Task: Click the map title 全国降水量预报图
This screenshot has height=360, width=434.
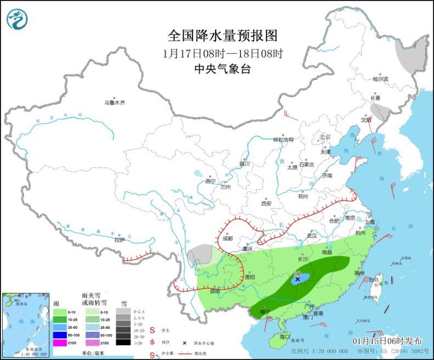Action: pos(222,36)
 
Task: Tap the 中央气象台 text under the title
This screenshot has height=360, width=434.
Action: pos(222,69)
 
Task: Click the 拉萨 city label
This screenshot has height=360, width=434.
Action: pos(119,240)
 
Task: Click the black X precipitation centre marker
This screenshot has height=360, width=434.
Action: pos(297,279)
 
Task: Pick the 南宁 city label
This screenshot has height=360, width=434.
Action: pos(265,312)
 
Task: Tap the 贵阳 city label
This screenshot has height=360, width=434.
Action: pos(250,277)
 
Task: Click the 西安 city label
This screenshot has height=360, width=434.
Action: pos(266,203)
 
